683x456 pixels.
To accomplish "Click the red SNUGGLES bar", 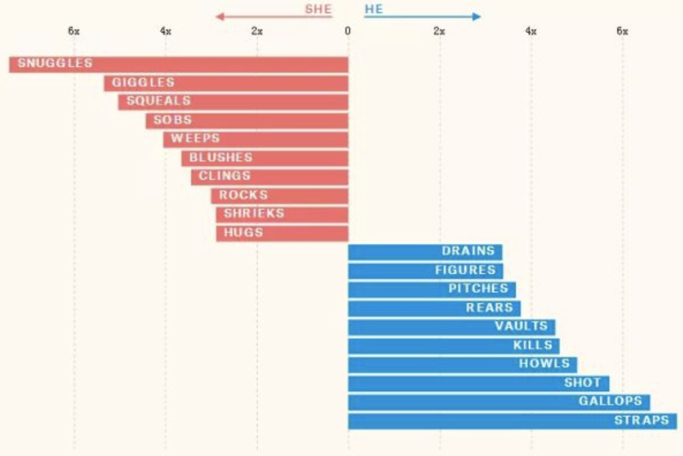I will click(x=179, y=64).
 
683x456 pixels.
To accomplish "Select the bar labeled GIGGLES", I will click(x=226, y=83).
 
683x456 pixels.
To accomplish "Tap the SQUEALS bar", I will click(x=233, y=102).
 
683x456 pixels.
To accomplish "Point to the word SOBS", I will click(x=173, y=120).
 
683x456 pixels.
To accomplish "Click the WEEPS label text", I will click(x=195, y=138).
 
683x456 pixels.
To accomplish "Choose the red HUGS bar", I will click(x=282, y=233).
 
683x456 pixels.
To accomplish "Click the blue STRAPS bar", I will click(x=513, y=421).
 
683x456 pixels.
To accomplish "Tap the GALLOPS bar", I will click(x=499, y=402).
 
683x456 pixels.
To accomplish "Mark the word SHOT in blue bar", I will click(x=583, y=383).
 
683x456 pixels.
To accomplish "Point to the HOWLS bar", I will click(x=462, y=365).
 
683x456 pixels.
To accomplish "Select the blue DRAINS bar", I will click(x=425, y=252).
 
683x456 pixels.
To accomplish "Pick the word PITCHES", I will click(x=478, y=289).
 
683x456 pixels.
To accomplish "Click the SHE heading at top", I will click(x=318, y=9).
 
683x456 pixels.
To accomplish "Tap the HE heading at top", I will click(x=374, y=9).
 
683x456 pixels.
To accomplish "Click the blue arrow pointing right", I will click(x=423, y=17).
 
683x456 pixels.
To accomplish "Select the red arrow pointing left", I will click(x=274, y=17).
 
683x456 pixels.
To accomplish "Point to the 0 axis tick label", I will click(x=348, y=31).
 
